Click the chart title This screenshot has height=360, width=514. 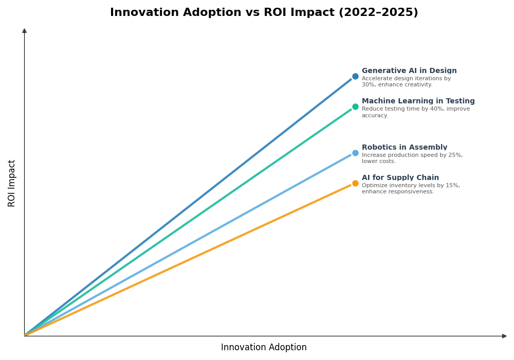pyautogui.click(x=264, y=12)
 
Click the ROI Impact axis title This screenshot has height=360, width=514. pyautogui.click(x=12, y=183)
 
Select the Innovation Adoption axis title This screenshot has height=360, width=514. pyautogui.click(x=264, y=348)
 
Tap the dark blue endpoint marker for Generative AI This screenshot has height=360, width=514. pyautogui.click(x=355, y=77)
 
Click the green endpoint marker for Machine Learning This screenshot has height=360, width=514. pyautogui.click(x=355, y=107)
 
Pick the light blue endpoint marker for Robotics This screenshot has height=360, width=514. pyautogui.click(x=355, y=153)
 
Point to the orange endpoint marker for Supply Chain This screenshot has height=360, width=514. pyautogui.click(x=355, y=183)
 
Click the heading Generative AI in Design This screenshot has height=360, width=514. pyautogui.click(x=409, y=71)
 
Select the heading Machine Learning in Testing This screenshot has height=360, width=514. pyautogui.click(x=418, y=101)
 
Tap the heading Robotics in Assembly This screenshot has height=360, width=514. pyautogui.click(x=404, y=148)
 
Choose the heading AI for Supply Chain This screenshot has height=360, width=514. pyautogui.click(x=400, y=178)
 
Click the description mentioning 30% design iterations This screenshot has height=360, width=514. pyautogui.click(x=406, y=82)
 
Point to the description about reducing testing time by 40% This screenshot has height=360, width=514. pyautogui.click(x=415, y=112)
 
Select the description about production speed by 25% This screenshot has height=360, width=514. pyautogui.click(x=412, y=158)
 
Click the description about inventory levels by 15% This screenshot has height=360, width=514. pyautogui.click(x=410, y=189)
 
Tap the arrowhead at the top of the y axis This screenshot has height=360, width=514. pyautogui.click(x=24, y=31)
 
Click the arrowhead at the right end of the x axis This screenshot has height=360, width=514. pyautogui.click(x=504, y=336)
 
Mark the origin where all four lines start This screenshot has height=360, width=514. pyautogui.click(x=25, y=336)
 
